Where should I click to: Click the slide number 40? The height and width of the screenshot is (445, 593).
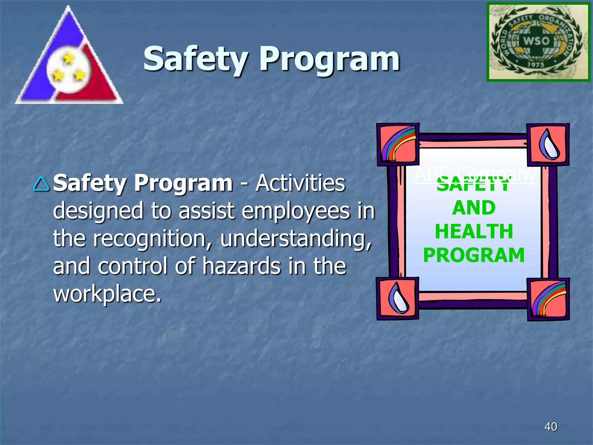click(550, 426)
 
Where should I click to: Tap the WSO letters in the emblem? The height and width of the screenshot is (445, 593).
click(536, 41)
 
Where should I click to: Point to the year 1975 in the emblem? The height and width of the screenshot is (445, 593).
click(536, 64)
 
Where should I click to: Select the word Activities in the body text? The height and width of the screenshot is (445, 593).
click(300, 183)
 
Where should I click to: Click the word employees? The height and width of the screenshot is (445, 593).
click(296, 211)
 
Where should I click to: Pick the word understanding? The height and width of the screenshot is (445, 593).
click(296, 238)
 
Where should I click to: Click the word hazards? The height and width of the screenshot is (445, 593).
click(241, 266)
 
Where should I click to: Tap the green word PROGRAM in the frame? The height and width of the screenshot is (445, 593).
click(474, 255)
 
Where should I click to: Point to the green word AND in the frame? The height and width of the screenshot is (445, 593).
click(474, 208)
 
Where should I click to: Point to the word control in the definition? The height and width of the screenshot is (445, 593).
click(133, 266)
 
